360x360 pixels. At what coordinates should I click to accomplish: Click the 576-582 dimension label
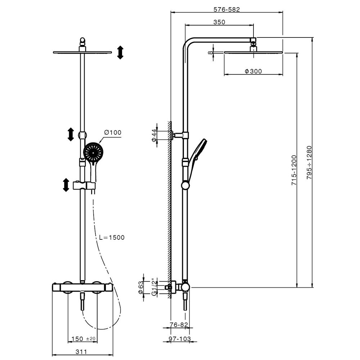click(x=226, y=9)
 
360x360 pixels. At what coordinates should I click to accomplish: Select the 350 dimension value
click(x=219, y=22)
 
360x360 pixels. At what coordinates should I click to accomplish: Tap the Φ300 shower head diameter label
click(x=253, y=71)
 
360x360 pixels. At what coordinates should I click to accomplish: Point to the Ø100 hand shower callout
click(x=112, y=132)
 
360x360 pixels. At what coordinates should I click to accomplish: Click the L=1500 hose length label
click(x=112, y=237)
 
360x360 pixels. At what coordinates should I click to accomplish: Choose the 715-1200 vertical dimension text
click(x=294, y=170)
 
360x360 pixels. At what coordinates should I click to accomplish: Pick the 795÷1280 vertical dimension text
click(x=310, y=163)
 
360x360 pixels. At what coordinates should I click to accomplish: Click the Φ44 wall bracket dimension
click(x=154, y=135)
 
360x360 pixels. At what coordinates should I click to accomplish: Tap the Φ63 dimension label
click(x=140, y=288)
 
